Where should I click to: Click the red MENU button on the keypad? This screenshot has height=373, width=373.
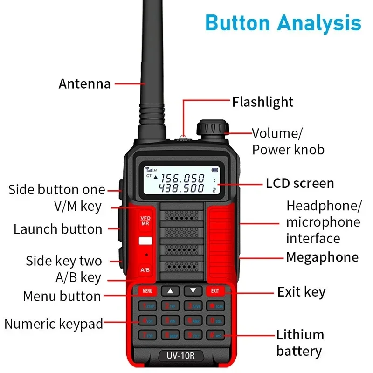[147, 291]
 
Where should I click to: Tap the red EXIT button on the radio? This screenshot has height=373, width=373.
[215, 291]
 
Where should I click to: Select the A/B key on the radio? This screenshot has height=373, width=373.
[145, 270]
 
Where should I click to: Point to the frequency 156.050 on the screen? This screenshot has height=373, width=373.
[183, 178]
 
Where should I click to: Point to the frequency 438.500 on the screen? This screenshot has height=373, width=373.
[183, 188]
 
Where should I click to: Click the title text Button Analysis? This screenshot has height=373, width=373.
[283, 22]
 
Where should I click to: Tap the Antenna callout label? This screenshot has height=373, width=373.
[84, 84]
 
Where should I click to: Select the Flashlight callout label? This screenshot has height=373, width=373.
[263, 102]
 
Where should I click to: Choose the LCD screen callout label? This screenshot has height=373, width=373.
[300, 183]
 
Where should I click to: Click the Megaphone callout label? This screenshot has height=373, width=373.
[322, 257]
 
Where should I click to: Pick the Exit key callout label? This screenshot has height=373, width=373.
[301, 292]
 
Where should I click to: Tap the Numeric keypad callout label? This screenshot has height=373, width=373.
[54, 324]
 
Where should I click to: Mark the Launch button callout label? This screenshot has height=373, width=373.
[58, 229]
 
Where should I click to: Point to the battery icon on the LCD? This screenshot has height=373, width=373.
[215, 170]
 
